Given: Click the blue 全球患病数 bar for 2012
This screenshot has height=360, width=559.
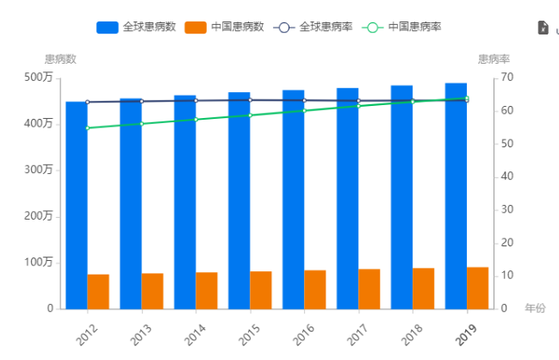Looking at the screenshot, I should pos(77,207).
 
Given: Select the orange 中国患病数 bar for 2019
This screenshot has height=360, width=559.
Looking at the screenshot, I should pos(477,288).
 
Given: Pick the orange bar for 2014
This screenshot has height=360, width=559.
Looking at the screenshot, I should pos(207,290).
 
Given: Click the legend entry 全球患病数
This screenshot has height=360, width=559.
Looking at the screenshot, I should pos(136,27).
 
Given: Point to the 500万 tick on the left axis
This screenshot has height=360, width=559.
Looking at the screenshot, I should pos(39,78).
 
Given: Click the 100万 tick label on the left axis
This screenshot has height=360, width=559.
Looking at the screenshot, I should pos(39,262).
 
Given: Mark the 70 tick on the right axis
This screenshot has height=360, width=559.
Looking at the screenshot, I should pos(507,78).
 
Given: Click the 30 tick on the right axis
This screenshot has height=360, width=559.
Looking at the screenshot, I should pos(507,209).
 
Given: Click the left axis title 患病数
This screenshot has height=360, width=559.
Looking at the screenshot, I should pos(60,59).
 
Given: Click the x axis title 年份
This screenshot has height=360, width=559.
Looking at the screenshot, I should pos(535,307).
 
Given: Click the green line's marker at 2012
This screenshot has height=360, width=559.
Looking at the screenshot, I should pos(88,128).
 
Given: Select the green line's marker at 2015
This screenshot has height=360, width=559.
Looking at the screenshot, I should pos(250,115).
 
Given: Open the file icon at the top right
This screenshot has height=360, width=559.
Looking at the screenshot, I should pos(543,28).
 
